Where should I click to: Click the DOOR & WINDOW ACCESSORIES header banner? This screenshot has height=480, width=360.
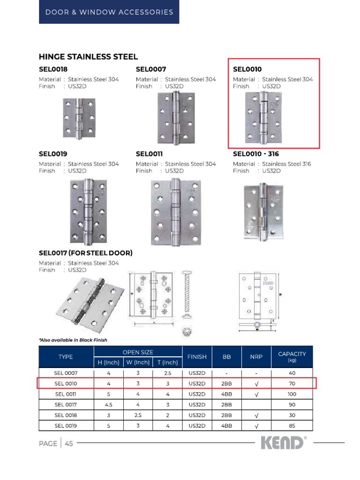click(109, 12)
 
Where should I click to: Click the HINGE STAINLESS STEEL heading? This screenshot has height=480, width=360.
click(88, 57)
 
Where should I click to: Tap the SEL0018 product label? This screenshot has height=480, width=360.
click(53, 69)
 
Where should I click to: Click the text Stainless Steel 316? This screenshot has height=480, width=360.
click(286, 164)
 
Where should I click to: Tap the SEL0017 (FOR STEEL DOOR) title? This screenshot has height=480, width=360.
click(85, 253)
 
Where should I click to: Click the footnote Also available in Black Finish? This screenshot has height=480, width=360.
click(73, 340)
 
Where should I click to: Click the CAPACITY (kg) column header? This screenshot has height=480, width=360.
click(292, 357)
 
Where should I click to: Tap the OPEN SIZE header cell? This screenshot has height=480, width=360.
click(138, 352)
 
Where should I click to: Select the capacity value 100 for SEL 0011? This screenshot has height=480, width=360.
click(292, 394)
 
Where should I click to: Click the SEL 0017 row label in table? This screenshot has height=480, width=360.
click(66, 405)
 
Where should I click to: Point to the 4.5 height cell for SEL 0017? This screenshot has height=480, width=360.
click(108, 405)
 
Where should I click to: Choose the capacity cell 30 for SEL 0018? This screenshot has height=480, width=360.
click(292, 415)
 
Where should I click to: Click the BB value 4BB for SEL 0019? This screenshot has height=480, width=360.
click(227, 426)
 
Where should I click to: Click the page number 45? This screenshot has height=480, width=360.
click(69, 444)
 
